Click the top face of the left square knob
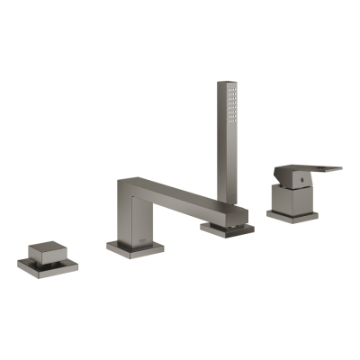46,247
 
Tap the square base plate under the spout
135,247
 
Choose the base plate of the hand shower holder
227,229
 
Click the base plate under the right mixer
292,214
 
